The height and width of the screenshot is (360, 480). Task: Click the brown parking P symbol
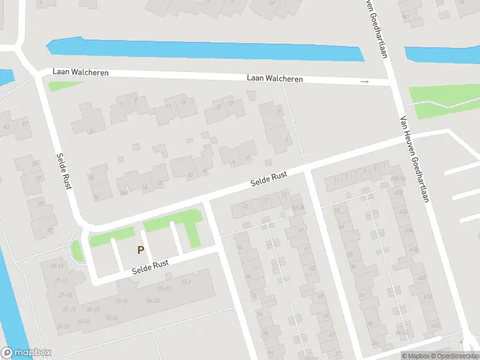point(141,250)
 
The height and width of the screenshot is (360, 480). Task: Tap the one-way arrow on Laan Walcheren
point(364,82)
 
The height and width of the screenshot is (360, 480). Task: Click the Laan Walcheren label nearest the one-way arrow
point(275,79)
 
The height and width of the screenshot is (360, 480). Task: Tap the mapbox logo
point(26,353)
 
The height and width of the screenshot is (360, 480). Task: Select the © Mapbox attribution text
point(415,356)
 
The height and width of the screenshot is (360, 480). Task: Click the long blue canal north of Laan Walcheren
point(204,50)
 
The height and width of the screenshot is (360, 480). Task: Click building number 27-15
point(57,266)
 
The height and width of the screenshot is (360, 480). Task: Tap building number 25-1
point(186,281)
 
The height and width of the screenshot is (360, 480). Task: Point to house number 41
point(25,124)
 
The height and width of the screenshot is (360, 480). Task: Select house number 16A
point(123,193)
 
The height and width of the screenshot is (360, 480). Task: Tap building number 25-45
point(83,322)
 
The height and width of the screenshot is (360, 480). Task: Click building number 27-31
point(62,326)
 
